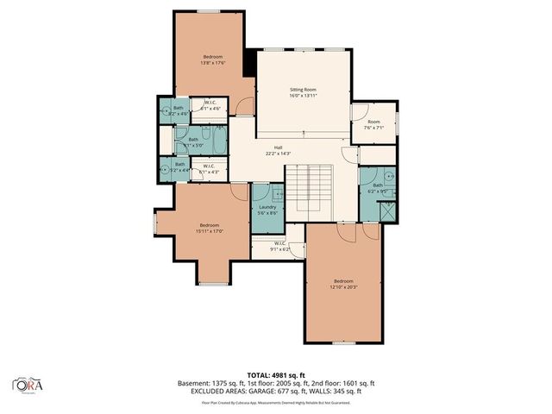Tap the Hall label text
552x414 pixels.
tap(279, 147)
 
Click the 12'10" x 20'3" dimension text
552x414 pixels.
tap(343, 286)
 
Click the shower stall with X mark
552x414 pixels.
tap(388, 210)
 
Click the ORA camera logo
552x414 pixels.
tap(28, 384)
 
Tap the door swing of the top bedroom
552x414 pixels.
tap(244, 106)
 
